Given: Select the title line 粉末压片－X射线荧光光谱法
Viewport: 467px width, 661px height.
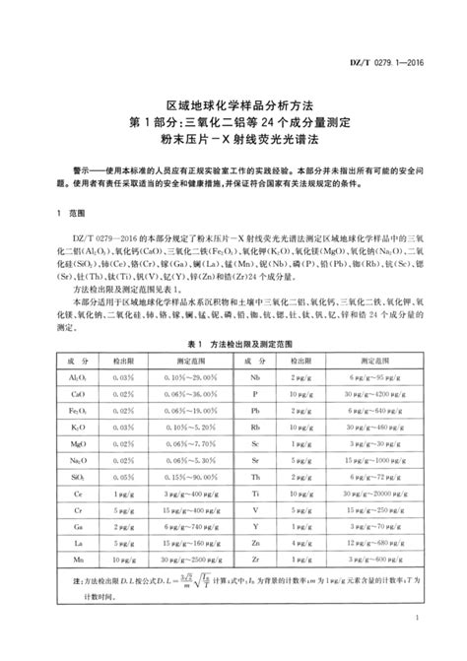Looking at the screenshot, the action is [233, 138].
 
